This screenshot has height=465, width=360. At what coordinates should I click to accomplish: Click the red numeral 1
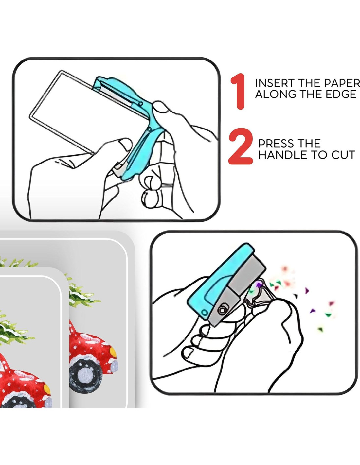click(238, 91)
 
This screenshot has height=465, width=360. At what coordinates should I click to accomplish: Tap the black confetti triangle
click(296, 296)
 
